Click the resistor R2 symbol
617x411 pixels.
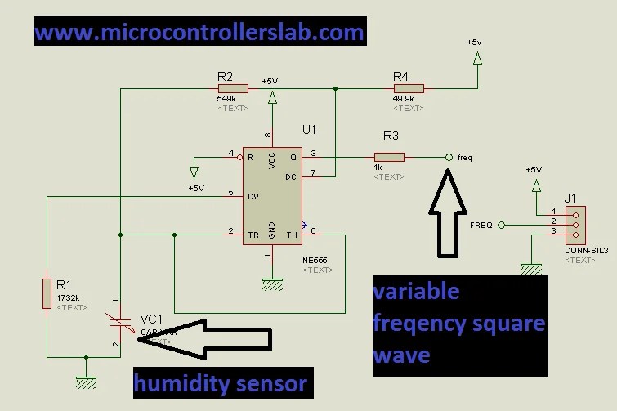(x=233, y=88)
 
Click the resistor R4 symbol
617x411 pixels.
(x=409, y=88)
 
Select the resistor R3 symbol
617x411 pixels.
(x=389, y=157)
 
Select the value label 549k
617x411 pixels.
(x=227, y=100)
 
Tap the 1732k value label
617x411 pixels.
(x=69, y=298)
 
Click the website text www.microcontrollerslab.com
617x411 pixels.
(x=199, y=32)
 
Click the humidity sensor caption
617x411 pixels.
(x=221, y=382)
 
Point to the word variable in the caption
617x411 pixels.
(x=417, y=292)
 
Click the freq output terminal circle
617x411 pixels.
(x=448, y=157)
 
